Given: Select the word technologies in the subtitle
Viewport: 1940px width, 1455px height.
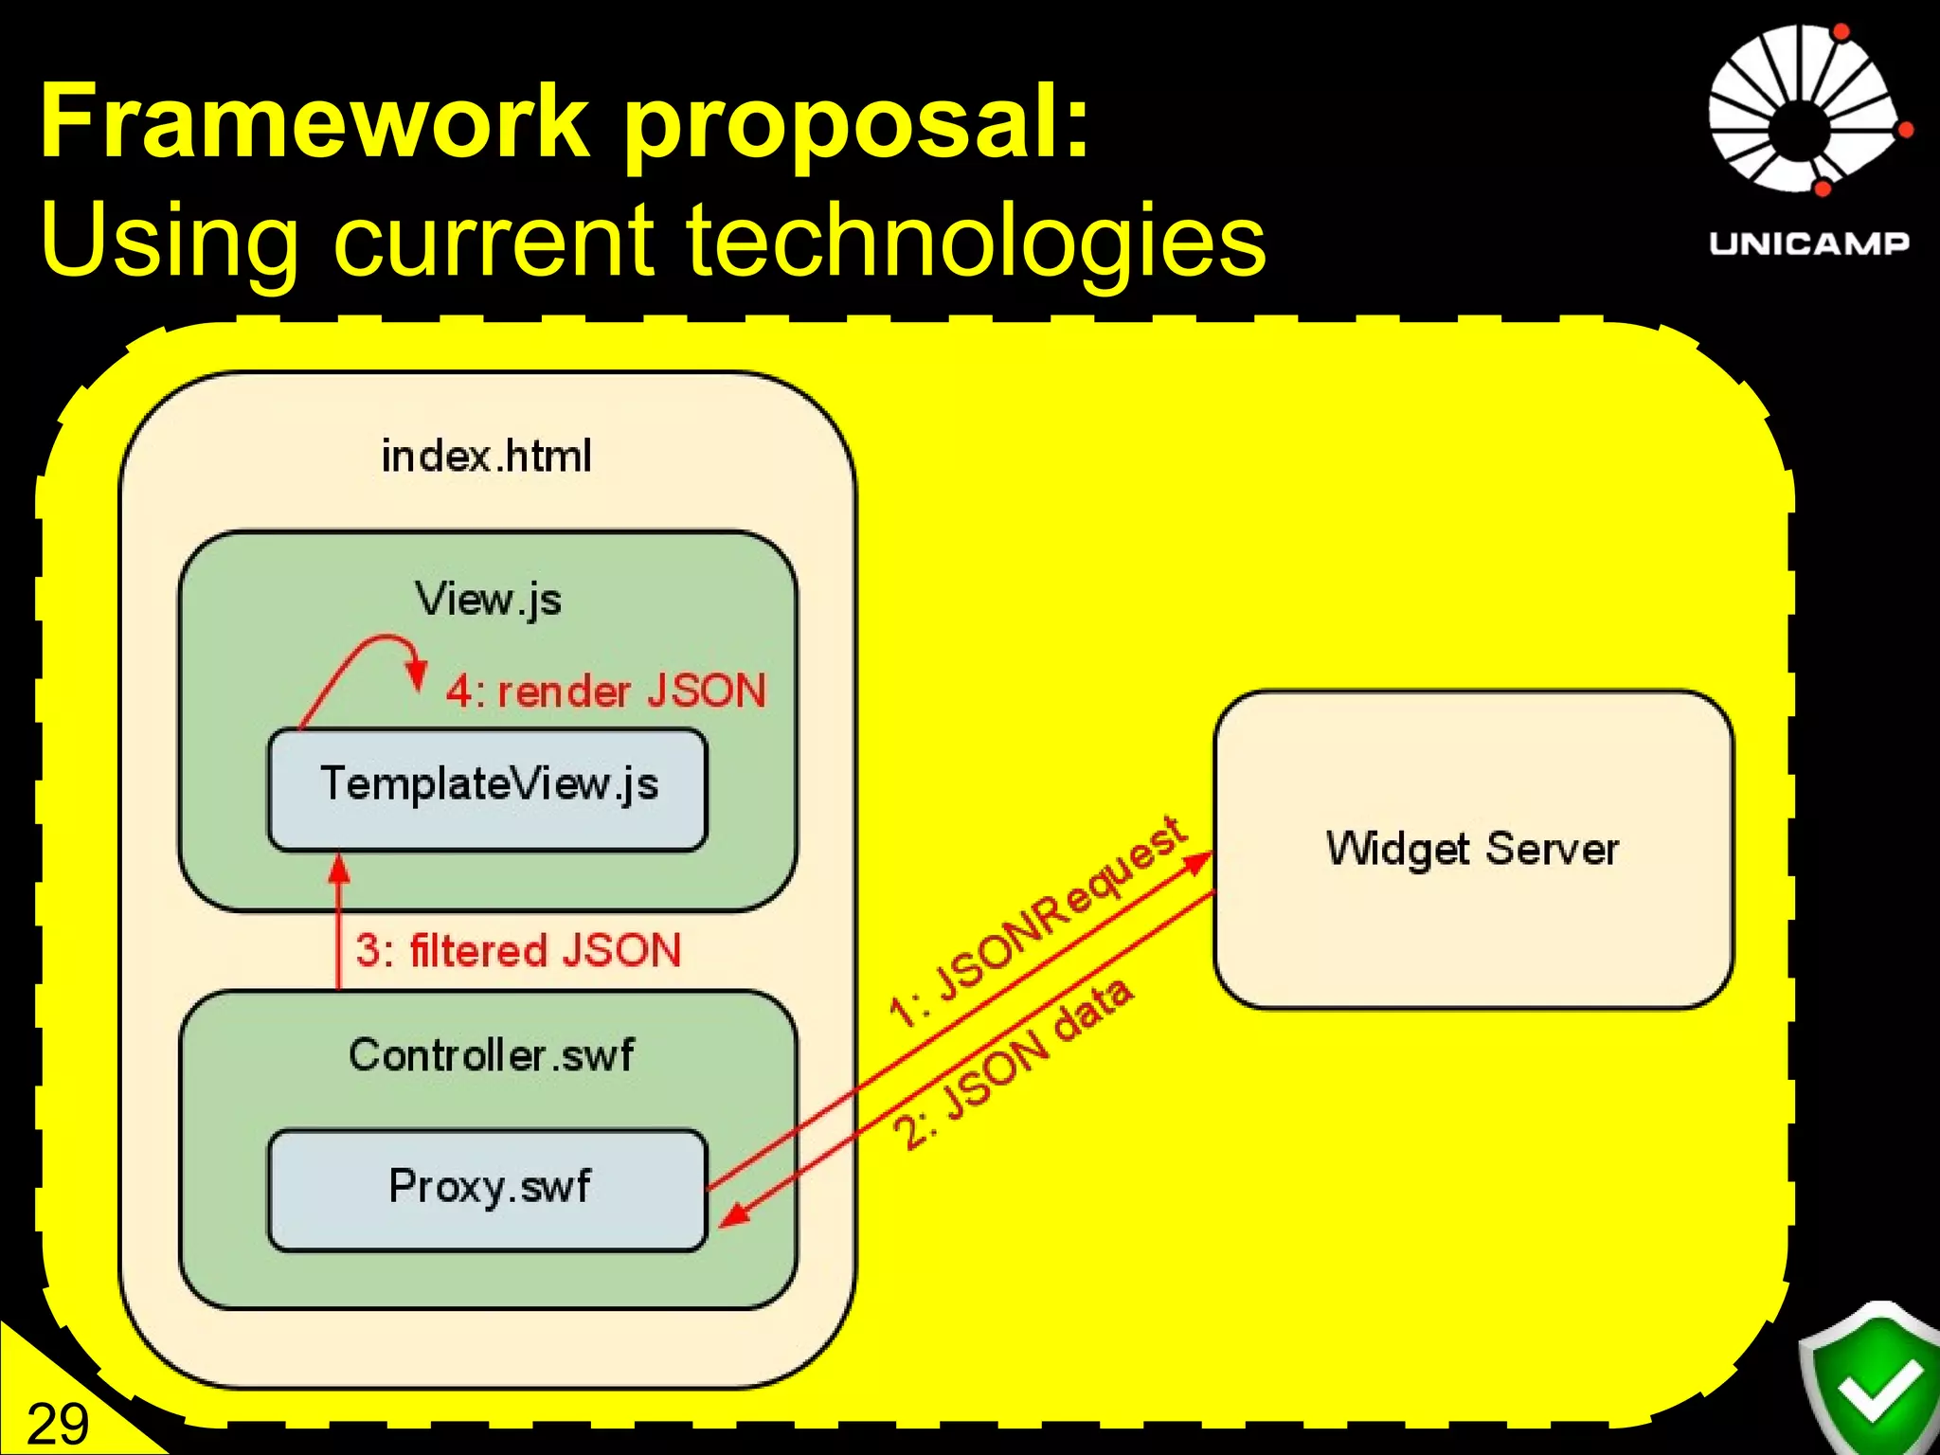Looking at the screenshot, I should (x=976, y=242).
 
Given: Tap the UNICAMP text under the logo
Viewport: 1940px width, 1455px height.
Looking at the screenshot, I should (x=1808, y=243).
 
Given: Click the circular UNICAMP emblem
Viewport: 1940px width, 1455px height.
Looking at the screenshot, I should (x=1807, y=110).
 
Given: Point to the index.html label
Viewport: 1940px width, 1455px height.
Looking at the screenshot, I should (x=486, y=457).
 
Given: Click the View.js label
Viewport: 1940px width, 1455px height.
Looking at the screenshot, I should (x=488, y=600).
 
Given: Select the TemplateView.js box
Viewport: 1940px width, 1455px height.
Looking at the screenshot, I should (x=488, y=788).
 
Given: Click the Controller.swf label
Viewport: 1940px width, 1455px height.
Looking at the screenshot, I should (x=491, y=1055).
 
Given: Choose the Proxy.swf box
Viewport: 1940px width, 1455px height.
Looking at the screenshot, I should (x=488, y=1189).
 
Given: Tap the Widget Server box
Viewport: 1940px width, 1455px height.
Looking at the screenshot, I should (x=1473, y=849).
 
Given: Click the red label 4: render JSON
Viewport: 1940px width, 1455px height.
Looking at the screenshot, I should (x=606, y=691).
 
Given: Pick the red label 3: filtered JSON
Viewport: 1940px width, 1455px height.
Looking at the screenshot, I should (x=518, y=950).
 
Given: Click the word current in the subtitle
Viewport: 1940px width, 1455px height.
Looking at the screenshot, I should (x=493, y=242).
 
